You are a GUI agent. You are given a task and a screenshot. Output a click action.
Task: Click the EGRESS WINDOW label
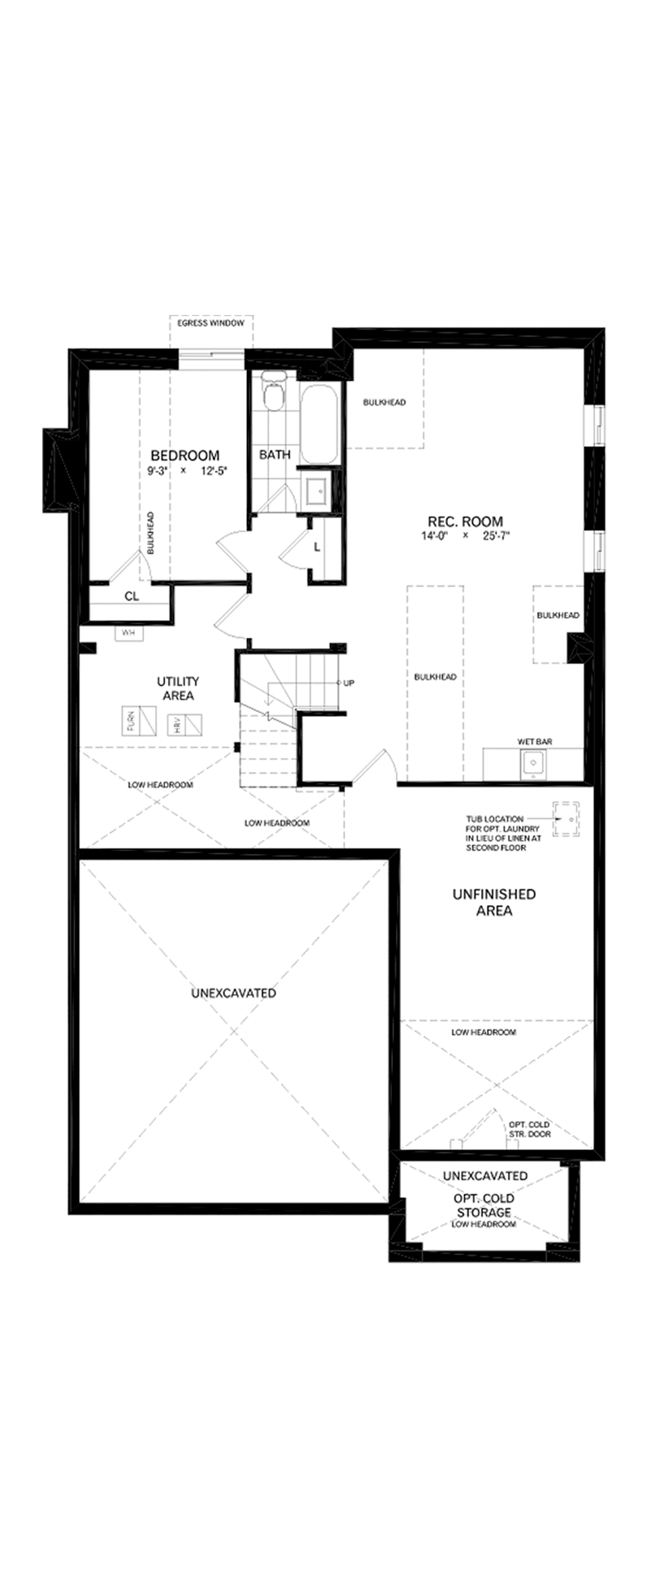[x=211, y=323]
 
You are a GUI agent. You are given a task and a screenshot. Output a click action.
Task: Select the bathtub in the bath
[x=319, y=424]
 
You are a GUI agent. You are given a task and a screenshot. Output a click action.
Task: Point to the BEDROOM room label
[x=185, y=455]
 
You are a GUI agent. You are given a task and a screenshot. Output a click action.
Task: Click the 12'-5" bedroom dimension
[x=213, y=471]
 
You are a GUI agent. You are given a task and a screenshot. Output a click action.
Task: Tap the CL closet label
[x=132, y=596]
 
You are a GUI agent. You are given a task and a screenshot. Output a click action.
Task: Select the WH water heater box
[x=128, y=633]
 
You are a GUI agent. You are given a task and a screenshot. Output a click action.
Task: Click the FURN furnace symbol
[x=139, y=721]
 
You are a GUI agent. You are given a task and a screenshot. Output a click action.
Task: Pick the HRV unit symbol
[x=185, y=725]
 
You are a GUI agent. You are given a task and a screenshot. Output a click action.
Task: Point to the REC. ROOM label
[x=465, y=521]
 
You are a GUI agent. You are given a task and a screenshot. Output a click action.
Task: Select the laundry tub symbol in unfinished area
[x=566, y=819]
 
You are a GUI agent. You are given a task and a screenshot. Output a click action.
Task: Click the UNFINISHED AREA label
[x=494, y=902]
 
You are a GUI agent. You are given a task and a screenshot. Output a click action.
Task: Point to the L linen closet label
[x=317, y=547]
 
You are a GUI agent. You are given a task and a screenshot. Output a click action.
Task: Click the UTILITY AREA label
[x=178, y=689]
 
